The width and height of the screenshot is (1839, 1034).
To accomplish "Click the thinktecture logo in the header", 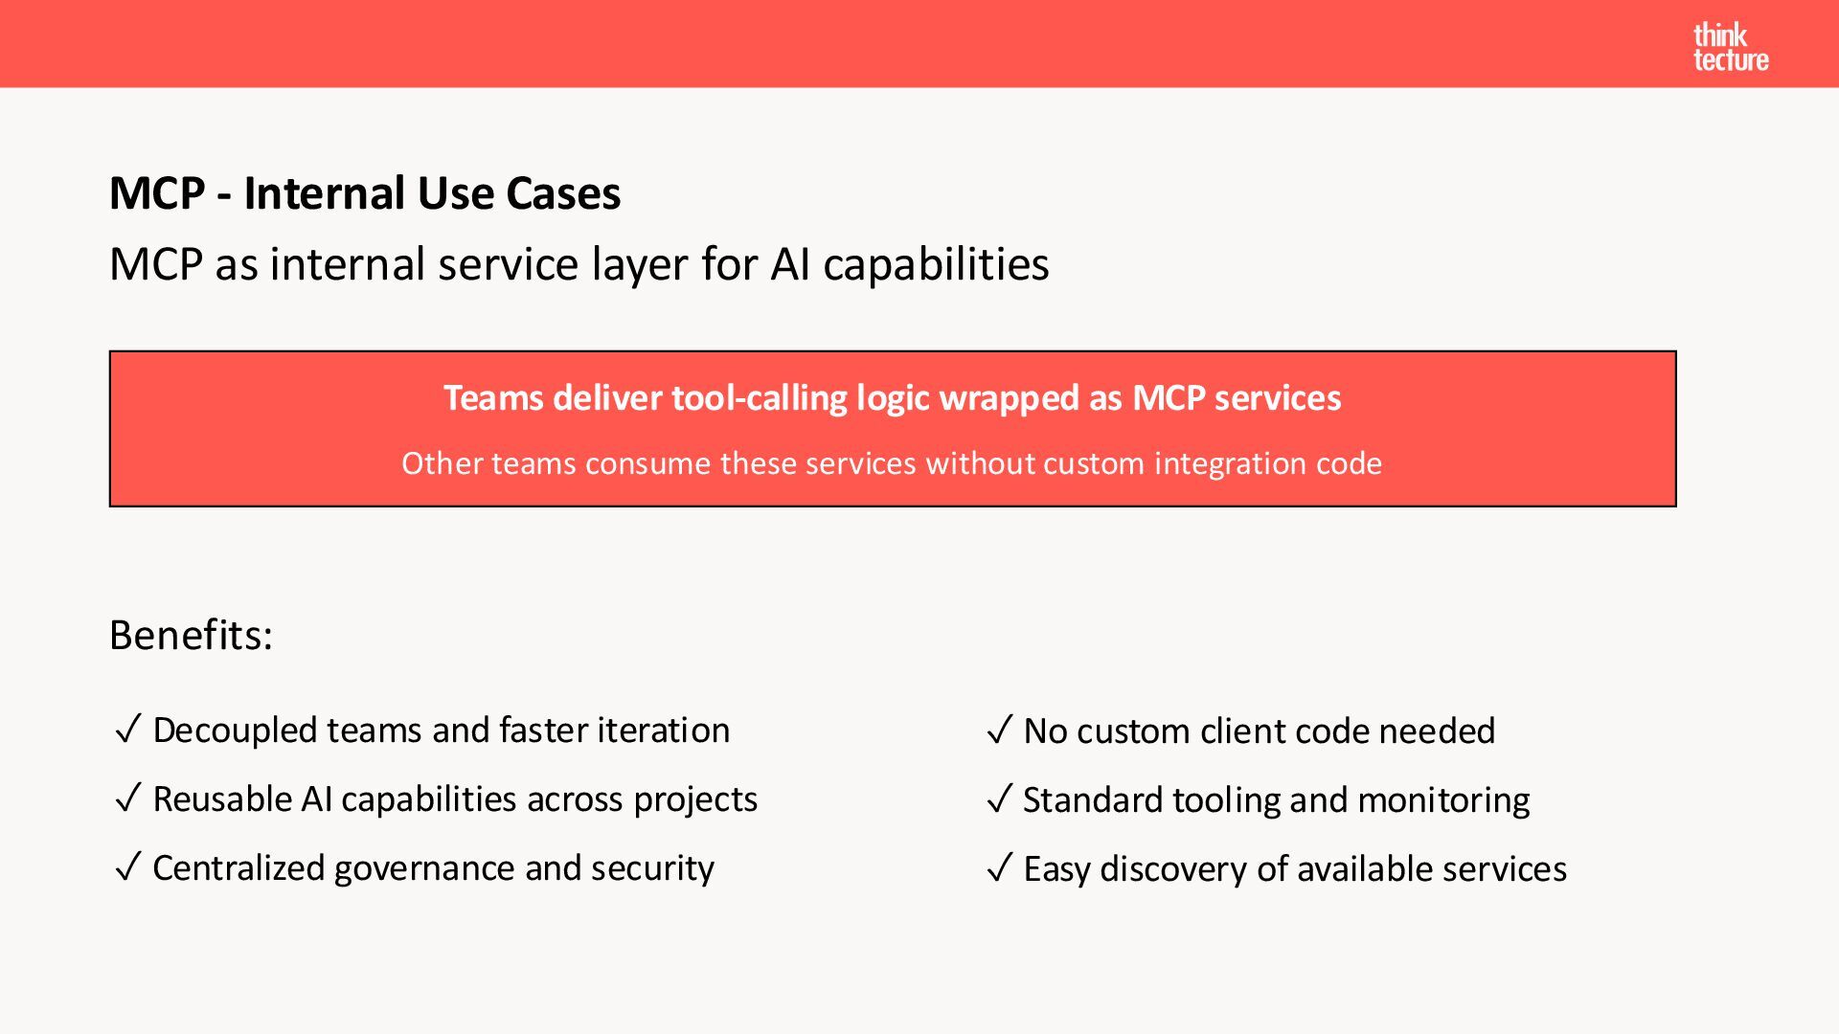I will coord(1730,48).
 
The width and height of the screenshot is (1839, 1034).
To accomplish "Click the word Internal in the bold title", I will coord(325,193).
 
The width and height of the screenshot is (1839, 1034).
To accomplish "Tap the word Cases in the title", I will coord(563,193).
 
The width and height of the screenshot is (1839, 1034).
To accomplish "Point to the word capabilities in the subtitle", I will coord(936,265).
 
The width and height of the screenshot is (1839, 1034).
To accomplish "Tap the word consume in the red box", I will coord(647,463).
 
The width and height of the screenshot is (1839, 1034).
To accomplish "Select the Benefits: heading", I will coord(191,635).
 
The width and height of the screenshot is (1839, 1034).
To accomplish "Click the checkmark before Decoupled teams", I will coord(128,731).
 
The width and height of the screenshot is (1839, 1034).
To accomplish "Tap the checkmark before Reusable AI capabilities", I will coord(128,799).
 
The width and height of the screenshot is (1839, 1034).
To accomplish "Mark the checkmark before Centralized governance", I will coord(128,868).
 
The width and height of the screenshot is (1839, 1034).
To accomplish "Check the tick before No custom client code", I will coord(999,731).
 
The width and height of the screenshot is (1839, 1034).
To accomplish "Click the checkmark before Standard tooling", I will coord(999,800).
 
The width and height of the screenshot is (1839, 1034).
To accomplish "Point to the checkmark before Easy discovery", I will coord(999,869).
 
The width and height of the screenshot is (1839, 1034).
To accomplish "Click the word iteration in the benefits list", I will coord(663,731).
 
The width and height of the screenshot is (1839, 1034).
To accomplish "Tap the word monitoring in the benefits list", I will coord(1443,800).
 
